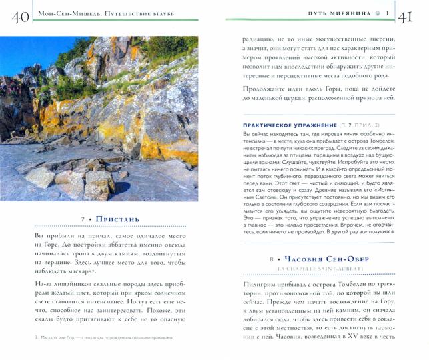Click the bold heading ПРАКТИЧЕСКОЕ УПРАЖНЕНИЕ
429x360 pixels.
[x=280, y=125]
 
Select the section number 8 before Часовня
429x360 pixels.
[x=272, y=259]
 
